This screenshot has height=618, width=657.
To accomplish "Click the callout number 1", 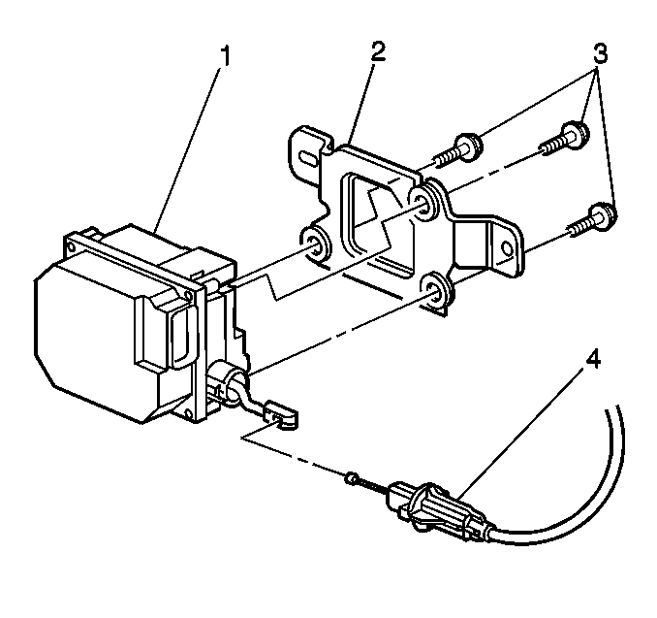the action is pyautogui.click(x=225, y=56).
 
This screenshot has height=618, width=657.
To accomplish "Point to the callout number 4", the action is pyautogui.click(x=592, y=360).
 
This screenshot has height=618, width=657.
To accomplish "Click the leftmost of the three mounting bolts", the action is pyautogui.click(x=457, y=152).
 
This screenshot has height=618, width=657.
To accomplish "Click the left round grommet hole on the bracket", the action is pyautogui.click(x=314, y=244).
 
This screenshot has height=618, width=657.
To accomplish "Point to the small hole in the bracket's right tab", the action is pyautogui.click(x=507, y=249).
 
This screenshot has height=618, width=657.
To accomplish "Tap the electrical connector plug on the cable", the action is pyautogui.click(x=440, y=511).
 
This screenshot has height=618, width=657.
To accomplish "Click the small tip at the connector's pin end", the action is pyautogui.click(x=352, y=477).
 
